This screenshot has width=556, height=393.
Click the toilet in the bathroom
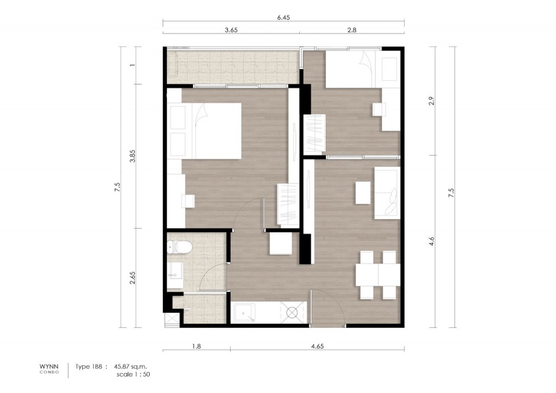[180, 247]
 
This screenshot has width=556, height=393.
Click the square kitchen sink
[241, 313]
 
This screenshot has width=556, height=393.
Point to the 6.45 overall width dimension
[283, 17]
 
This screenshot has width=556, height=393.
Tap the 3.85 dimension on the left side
[130, 156]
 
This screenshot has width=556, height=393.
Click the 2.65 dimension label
[130, 277]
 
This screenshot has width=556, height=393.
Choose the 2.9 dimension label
[432, 101]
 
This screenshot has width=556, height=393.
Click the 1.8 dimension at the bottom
[197, 345]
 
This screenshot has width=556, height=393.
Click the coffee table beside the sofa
[363, 192]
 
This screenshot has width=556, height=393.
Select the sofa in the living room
[387, 193]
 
